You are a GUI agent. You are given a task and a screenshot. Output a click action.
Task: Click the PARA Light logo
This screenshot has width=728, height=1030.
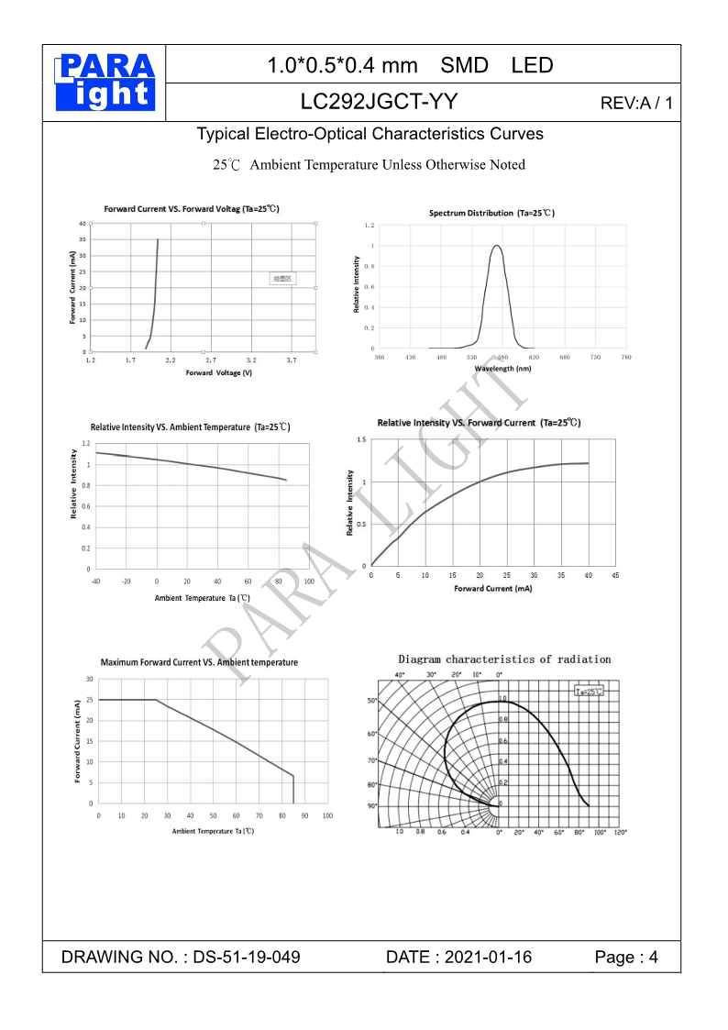click(105, 83)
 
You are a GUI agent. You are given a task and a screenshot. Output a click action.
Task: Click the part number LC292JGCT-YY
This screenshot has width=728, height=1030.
click(380, 101)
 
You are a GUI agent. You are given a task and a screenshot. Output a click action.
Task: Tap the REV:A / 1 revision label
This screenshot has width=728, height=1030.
click(636, 103)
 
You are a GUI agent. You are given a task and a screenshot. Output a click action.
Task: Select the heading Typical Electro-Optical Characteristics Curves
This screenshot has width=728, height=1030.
click(370, 134)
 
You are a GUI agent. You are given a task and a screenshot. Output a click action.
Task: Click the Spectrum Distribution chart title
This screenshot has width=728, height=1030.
click(491, 213)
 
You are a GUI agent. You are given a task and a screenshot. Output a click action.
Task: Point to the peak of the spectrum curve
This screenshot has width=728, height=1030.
click(497, 245)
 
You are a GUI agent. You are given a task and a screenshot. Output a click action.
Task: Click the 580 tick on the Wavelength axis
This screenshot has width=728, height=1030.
click(502, 357)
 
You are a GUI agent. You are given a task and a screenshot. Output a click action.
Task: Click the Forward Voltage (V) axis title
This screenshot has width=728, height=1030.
click(218, 373)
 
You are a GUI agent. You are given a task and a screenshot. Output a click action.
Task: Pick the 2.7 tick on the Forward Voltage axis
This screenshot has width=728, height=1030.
click(211, 361)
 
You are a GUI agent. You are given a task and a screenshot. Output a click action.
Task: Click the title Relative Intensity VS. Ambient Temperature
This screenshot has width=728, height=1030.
click(190, 427)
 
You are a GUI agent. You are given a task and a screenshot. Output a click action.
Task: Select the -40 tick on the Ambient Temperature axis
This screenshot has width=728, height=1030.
click(95, 581)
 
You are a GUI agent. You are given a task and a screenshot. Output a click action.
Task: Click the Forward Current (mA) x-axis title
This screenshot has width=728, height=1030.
click(492, 588)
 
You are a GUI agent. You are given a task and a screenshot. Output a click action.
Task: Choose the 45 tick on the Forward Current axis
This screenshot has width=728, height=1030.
click(615, 575)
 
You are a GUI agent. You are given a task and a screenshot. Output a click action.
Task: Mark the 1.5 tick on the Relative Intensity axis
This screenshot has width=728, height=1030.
click(361, 440)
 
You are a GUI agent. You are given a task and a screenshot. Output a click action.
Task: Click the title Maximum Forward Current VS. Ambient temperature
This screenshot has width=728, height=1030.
click(199, 662)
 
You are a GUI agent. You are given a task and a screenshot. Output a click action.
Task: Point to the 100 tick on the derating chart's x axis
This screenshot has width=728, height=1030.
click(327, 815)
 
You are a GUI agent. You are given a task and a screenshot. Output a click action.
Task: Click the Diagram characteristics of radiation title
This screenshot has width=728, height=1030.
click(504, 659)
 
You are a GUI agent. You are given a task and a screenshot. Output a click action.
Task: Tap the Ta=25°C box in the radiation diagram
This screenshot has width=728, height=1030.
click(589, 691)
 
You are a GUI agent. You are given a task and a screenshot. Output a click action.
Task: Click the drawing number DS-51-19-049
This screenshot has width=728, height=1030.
click(248, 958)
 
